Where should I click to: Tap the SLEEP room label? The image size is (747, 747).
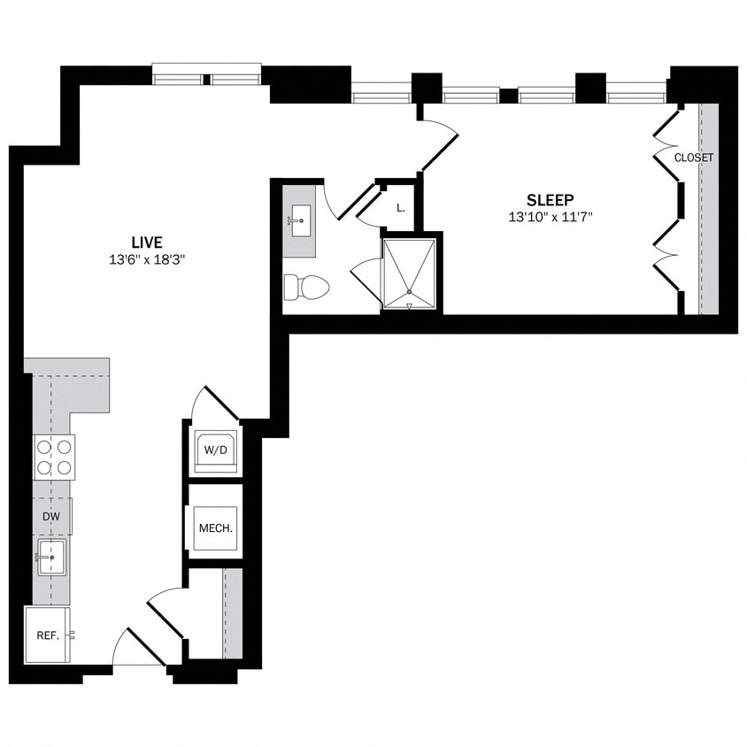click(550, 200)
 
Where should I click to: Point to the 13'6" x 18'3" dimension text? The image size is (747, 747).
click(148, 260)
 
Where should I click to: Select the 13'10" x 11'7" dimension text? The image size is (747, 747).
click(550, 218)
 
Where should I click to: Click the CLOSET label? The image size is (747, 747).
click(694, 158)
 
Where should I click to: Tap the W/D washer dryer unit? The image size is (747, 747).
click(216, 451)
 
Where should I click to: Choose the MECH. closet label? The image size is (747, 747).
click(215, 528)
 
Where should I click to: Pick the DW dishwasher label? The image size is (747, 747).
click(50, 516)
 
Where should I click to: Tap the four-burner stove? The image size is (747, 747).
click(54, 457)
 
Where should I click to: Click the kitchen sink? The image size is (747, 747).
click(51, 558)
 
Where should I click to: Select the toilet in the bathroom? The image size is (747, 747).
click(305, 287)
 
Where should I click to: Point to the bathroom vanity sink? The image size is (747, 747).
click(298, 218)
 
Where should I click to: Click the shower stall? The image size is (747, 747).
click(409, 273)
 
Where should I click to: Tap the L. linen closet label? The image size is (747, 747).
click(401, 209)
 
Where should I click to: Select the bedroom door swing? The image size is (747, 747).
click(440, 142)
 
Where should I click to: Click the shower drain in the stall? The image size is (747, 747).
click(409, 292)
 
